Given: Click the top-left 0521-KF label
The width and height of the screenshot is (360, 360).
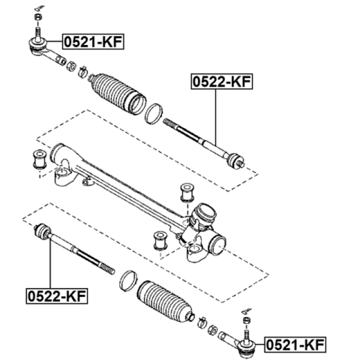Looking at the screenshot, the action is click(x=93, y=42).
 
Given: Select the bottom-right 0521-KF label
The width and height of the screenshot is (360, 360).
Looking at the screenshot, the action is click(x=295, y=345).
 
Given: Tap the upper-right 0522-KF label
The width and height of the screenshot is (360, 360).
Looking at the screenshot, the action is click(x=222, y=82).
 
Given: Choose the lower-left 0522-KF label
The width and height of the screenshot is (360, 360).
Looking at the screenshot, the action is click(x=57, y=296).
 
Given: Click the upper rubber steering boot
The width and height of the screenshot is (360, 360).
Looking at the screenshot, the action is click(x=118, y=93).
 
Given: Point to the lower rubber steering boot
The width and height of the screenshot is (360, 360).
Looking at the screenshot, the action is click(x=165, y=301).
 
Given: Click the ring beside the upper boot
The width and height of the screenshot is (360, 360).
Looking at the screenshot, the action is click(x=154, y=114).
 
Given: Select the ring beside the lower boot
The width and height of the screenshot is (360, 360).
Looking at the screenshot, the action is click(x=128, y=281).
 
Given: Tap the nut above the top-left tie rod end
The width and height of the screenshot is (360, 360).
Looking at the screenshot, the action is click(x=38, y=17).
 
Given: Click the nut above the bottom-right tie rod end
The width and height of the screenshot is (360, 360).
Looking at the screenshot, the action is click(x=246, y=320).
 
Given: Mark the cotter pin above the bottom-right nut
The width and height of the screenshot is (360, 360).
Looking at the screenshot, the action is click(x=247, y=311).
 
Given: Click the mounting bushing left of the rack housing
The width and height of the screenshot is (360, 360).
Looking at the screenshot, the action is click(x=40, y=159).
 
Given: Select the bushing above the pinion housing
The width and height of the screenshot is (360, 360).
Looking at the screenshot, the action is click(x=187, y=192).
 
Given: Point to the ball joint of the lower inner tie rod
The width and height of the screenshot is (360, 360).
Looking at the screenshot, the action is click(x=42, y=231).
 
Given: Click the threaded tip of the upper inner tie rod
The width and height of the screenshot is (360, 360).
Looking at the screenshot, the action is click(x=170, y=123).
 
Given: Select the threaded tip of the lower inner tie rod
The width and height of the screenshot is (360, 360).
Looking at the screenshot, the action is click(x=107, y=269).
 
